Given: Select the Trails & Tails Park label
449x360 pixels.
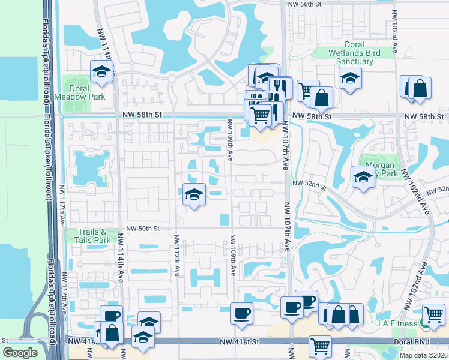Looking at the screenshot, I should point(94,236).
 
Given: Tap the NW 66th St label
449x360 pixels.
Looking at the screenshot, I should point(305,4).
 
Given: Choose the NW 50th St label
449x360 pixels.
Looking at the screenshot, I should point(143,229).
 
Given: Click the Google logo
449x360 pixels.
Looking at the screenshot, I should point(20,353).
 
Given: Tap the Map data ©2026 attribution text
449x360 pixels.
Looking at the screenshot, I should point(423,355).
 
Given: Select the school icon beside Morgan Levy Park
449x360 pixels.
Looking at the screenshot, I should point(363,177).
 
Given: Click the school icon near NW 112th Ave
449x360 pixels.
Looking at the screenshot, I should point(193,194).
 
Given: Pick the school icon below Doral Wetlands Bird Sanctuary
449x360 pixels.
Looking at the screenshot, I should point(349,77).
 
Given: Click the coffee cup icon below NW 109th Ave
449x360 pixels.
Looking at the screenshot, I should point(241,313).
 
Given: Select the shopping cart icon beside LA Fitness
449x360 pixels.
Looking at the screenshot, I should point(433,314).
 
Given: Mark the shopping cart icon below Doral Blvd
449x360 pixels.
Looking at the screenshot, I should point(321,346).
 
